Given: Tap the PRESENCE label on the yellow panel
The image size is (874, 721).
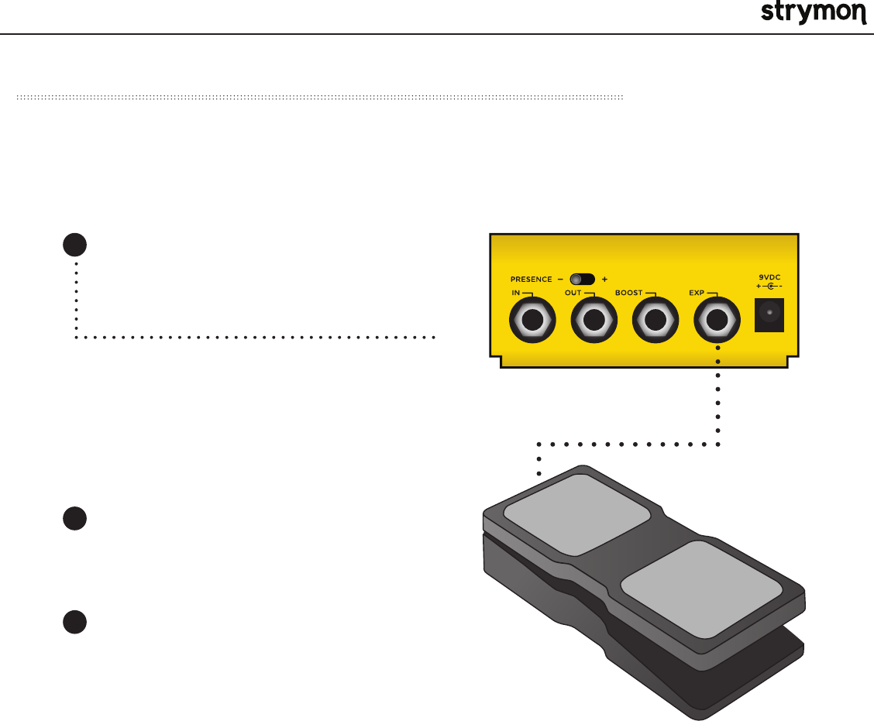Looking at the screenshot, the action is click(530, 279).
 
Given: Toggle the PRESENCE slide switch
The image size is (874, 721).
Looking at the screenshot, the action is click(583, 279).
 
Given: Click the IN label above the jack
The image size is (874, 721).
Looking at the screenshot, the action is click(516, 294).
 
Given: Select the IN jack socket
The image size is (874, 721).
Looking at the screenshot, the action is click(532, 321).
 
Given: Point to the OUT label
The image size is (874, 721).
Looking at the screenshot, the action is click(573, 294).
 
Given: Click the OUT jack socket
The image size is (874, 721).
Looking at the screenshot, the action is click(594, 321).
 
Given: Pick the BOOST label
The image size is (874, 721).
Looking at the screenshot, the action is click(628, 294).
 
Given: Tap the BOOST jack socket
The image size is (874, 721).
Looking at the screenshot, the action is click(655, 321).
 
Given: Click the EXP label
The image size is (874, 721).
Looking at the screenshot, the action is click(696, 294).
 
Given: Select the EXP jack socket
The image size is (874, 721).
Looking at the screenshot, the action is click(717, 321).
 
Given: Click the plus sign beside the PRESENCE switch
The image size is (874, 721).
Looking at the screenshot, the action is click(604, 279).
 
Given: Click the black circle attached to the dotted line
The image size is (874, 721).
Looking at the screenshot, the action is click(74, 245).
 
